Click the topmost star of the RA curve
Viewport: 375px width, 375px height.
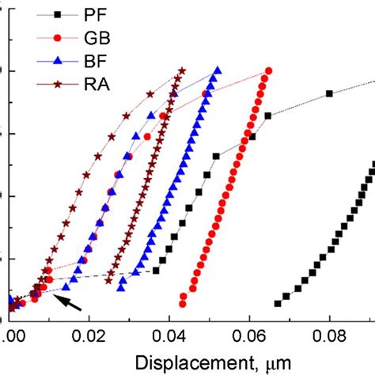[183, 70]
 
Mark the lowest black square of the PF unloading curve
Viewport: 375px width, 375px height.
[278, 303]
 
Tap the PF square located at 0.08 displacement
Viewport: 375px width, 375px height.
[330, 94]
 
